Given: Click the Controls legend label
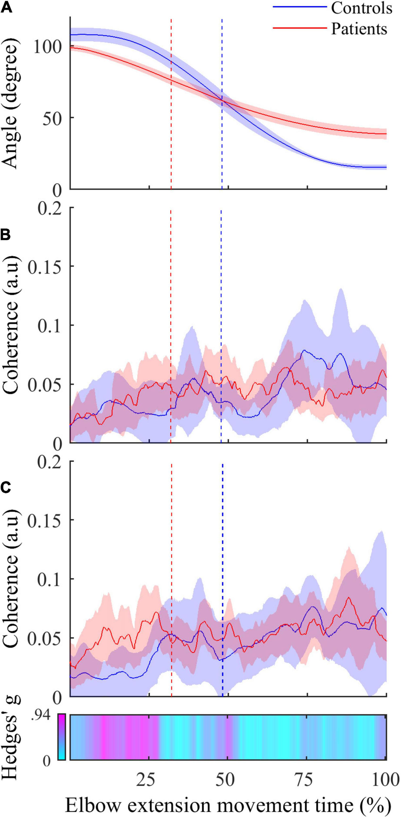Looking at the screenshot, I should point(361,8).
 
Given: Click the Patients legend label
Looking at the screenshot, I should point(359,29).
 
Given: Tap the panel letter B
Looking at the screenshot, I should point(6,235).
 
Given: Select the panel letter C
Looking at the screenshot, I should point(6,488).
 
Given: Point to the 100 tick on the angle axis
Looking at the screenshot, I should point(47,47).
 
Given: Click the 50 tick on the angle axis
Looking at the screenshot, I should point(52,118).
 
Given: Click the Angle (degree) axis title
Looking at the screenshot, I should point(11,103).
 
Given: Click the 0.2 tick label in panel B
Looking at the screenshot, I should point(49,209).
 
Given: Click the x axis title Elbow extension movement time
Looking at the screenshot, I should point(228,805).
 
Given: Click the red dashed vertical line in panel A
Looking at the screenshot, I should point(171,98).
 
